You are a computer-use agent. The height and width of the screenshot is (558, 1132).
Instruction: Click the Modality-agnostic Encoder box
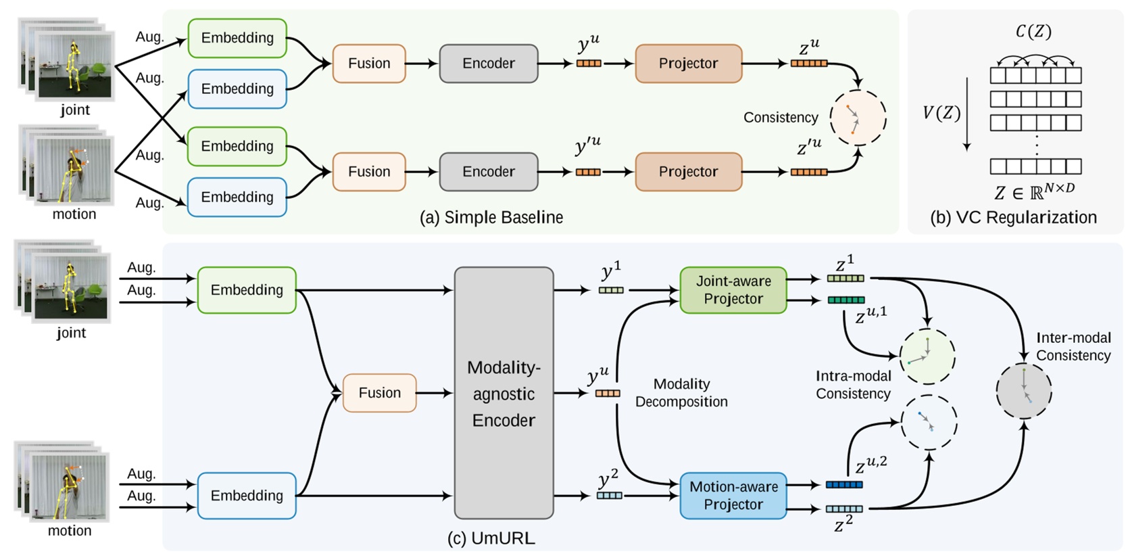[x=503, y=393]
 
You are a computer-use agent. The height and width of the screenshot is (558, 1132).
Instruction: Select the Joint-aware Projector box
[x=733, y=290]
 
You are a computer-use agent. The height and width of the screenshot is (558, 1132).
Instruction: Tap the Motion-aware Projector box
[x=733, y=496]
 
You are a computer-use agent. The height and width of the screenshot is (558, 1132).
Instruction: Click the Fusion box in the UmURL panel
[x=379, y=393]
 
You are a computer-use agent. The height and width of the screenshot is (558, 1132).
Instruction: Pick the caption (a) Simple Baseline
[x=491, y=218]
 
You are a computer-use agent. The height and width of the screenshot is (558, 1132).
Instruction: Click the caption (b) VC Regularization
[x=1013, y=218]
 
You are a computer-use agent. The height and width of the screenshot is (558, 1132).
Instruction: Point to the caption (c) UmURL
[x=491, y=538]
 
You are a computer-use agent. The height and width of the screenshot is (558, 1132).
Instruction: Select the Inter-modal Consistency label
[x=1073, y=346]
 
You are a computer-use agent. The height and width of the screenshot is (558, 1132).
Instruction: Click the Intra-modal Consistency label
[x=853, y=385]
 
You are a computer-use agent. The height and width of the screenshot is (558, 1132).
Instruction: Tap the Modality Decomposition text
[x=681, y=393]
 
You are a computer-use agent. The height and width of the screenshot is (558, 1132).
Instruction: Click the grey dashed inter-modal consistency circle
[x=1024, y=390]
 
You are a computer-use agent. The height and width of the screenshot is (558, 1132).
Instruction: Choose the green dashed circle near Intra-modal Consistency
[x=927, y=356]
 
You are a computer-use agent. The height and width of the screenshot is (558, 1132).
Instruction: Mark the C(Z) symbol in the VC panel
[x=1033, y=32]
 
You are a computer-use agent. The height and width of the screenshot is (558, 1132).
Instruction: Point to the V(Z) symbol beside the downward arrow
[x=941, y=113]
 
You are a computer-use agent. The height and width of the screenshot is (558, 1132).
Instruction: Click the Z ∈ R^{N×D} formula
[x=1034, y=192]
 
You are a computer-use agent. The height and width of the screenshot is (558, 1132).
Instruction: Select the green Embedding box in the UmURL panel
[x=247, y=290]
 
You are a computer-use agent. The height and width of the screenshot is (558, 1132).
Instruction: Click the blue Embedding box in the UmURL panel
[x=247, y=496]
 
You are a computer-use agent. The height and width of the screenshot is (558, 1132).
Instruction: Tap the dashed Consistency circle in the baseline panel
[x=857, y=118]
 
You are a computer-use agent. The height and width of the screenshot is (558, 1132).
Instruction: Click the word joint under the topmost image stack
[x=74, y=110]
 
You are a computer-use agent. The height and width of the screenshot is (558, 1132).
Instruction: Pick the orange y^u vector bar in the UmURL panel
[x=608, y=393]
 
